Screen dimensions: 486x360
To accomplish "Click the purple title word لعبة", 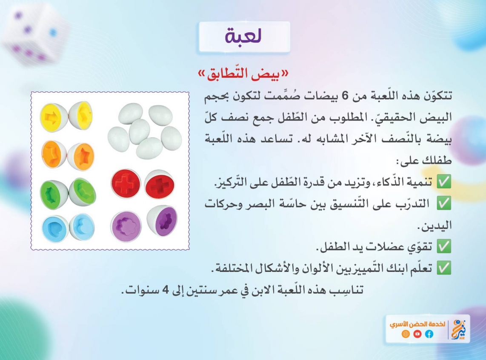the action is click(243, 36).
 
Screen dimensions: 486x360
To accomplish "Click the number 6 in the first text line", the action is click(345, 96).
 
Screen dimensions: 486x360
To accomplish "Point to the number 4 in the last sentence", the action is click(166, 290).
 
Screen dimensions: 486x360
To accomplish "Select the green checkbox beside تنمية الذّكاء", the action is click(444, 182).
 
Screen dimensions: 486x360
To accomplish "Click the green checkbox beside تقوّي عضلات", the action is click(444, 246).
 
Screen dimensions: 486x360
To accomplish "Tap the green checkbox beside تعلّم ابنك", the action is click(444, 268).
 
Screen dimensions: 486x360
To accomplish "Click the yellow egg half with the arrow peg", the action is click(54, 117).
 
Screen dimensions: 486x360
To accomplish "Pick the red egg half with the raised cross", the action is click(126, 184).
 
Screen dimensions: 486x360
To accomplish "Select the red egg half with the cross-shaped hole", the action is click(160, 184).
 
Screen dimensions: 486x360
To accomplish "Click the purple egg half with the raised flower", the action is click(126, 226).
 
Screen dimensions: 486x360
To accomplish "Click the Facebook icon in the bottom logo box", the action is click(429, 334).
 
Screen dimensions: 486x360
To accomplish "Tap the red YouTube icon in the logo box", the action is click(417, 334).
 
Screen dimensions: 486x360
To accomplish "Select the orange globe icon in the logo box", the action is click(406, 334).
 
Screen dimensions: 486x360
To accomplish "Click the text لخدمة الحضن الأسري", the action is click(417, 324).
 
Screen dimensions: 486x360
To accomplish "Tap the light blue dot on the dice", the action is click(53, 32).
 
